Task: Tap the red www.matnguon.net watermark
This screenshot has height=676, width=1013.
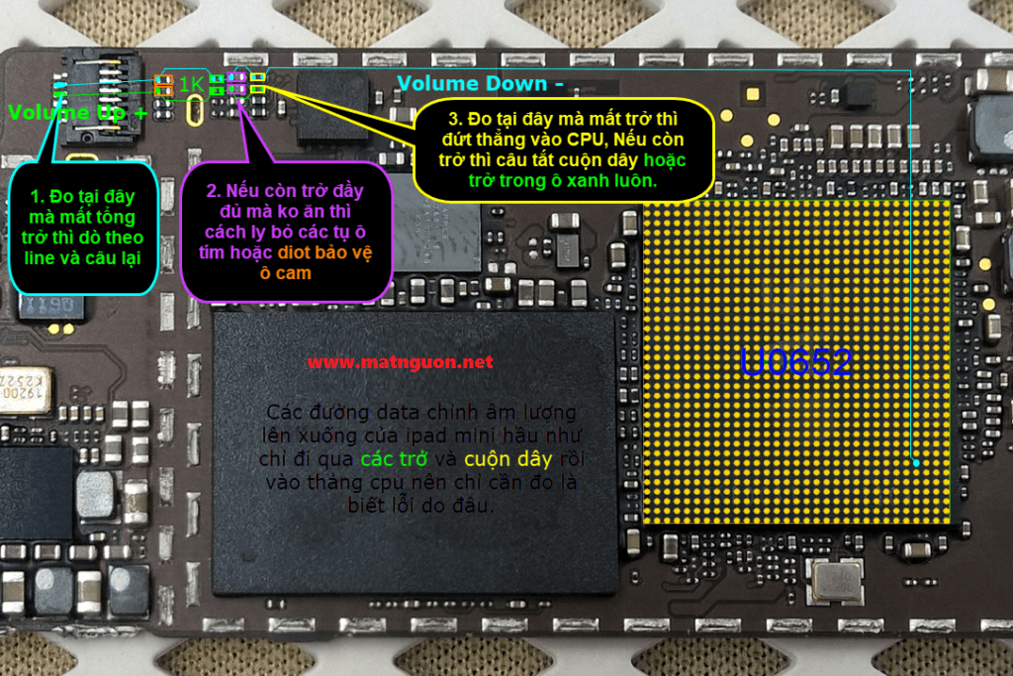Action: coord(400,362)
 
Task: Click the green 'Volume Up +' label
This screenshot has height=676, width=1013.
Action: coord(77,113)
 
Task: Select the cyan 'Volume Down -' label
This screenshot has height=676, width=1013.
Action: coord(481,84)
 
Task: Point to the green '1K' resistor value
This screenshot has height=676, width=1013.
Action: coord(191,85)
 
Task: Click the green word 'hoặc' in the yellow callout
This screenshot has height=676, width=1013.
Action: coord(665,160)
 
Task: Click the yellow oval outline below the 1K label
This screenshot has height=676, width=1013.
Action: coord(196,111)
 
